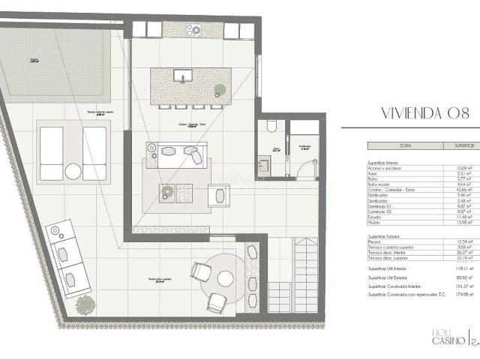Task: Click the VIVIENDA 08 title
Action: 425,115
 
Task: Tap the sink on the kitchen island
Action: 182,76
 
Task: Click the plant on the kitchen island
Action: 220,90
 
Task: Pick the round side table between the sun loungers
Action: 73,171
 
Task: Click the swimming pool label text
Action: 34,59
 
